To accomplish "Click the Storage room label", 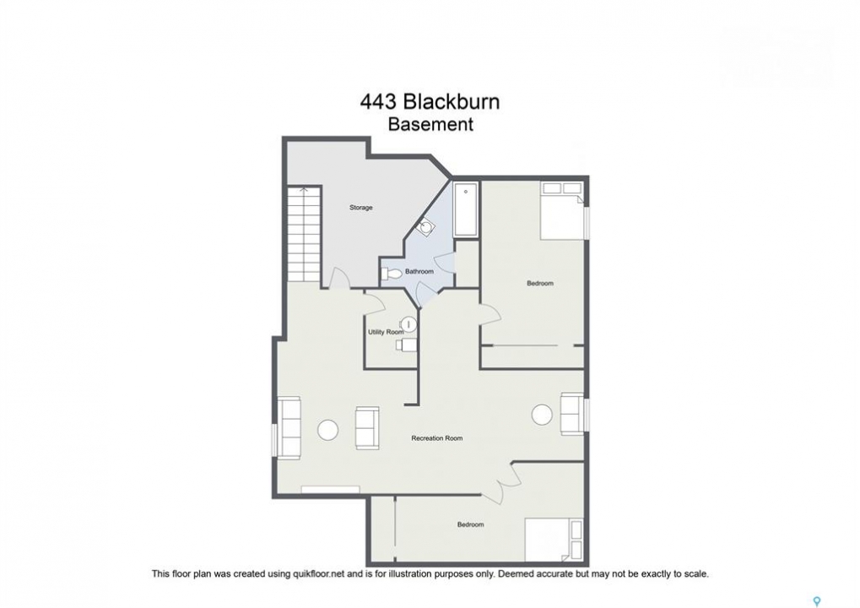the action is click(361, 208).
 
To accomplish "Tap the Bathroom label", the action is click(419, 272).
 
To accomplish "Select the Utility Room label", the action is click(386, 332).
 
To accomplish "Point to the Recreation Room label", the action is click(436, 438).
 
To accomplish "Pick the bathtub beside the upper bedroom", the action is click(466, 209).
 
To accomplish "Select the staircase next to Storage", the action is click(304, 234).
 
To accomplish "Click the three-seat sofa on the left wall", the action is click(289, 427).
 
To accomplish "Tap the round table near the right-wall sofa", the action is click(542, 414).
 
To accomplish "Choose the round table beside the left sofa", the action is click(328, 430).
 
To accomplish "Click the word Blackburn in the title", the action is click(452, 102).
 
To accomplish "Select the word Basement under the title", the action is click(430, 124).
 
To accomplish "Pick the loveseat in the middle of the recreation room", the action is click(367, 428).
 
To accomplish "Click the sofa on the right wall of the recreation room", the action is click(571, 414).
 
